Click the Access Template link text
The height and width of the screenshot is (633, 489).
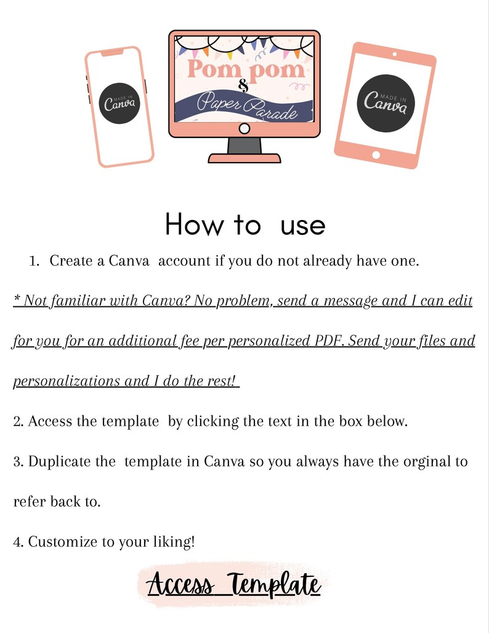233,584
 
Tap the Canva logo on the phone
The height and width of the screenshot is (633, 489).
119,104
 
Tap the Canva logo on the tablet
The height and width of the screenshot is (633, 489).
386,104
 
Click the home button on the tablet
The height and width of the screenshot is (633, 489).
376,155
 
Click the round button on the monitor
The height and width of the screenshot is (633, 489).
244,129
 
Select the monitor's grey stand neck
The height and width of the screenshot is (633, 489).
244,145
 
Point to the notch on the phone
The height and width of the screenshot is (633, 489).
112,52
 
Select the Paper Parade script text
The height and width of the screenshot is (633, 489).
247,106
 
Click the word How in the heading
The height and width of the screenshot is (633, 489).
193,224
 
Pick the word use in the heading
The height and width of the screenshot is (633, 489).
302,226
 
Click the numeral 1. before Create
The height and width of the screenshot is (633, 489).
34,261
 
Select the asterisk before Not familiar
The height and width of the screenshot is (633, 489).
17,298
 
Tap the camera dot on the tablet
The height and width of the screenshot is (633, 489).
394,54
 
